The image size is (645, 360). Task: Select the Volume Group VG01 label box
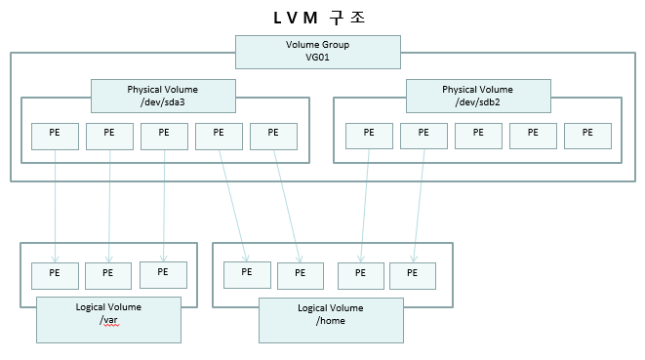(317, 52)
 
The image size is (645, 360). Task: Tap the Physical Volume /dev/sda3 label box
(163, 97)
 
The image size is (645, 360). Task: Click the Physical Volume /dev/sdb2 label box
(478, 97)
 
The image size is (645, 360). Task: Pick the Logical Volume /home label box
(331, 320)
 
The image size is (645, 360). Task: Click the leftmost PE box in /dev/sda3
(55, 136)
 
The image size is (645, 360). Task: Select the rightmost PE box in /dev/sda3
(273, 136)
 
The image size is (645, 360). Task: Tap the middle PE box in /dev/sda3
(164, 136)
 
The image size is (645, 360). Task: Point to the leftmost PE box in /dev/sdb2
(369, 136)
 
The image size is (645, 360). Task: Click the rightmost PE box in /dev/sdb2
(587, 136)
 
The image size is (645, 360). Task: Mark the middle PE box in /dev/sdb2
(478, 136)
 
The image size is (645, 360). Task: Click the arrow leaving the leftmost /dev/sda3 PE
(55, 205)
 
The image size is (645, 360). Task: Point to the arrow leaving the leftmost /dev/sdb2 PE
(366, 205)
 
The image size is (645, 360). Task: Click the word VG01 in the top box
(317, 59)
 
